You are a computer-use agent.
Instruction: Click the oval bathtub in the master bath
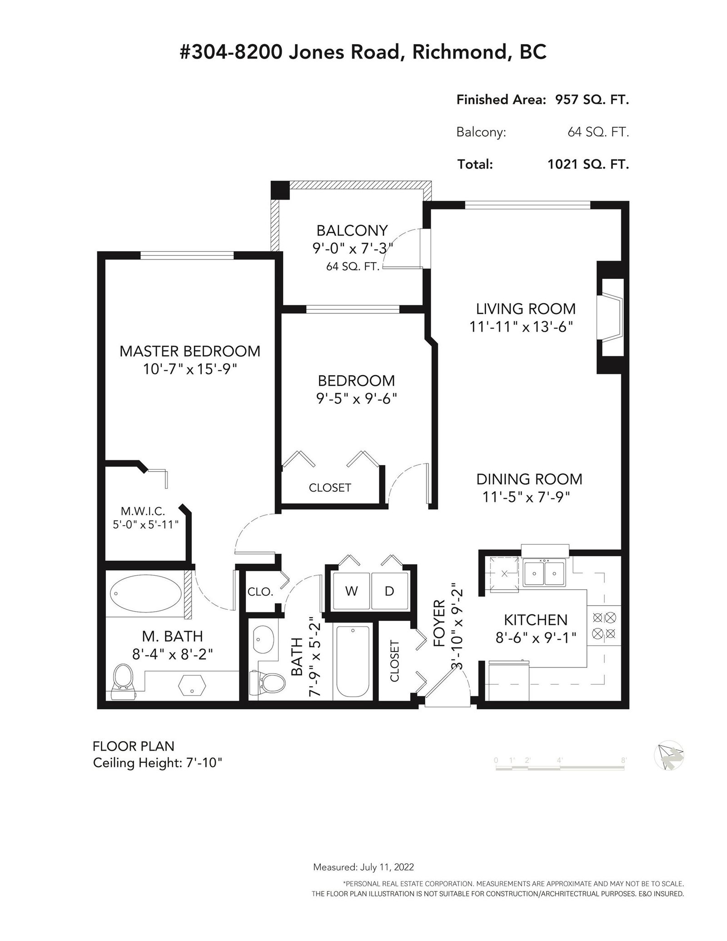click(x=146, y=593)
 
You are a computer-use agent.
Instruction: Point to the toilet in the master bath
click(x=123, y=682)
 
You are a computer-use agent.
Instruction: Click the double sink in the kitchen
click(x=543, y=573)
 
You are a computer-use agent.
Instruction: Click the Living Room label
click(x=526, y=309)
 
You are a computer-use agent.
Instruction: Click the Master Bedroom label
click(x=190, y=351)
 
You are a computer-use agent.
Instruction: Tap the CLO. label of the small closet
click(x=260, y=592)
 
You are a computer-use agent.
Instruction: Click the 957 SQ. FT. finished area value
click(x=592, y=100)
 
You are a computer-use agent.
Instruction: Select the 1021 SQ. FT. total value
click(x=588, y=164)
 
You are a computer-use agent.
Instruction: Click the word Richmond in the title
click(x=459, y=53)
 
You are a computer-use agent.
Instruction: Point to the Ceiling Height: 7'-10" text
click(x=158, y=763)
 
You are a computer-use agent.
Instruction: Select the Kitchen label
click(x=536, y=620)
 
